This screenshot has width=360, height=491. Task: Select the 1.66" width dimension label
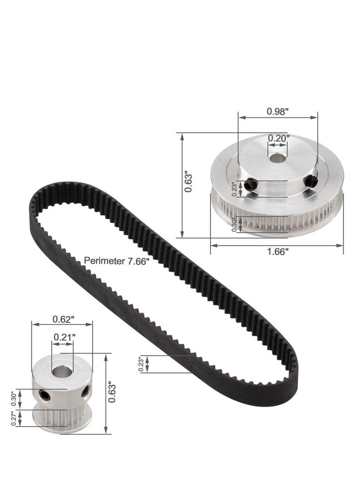pyautogui.click(x=276, y=252)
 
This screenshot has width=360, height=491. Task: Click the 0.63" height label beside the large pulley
pyautogui.click(x=190, y=184)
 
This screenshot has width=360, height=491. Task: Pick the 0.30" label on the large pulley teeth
pyautogui.click(x=234, y=224)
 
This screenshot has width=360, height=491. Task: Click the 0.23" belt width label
pyautogui.click(x=141, y=365)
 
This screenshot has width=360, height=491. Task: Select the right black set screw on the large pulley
pyautogui.click(x=310, y=180)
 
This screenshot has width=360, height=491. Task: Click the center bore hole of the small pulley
pyautogui.click(x=61, y=372)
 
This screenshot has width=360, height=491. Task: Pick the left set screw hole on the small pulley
pyautogui.click(x=44, y=395)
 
